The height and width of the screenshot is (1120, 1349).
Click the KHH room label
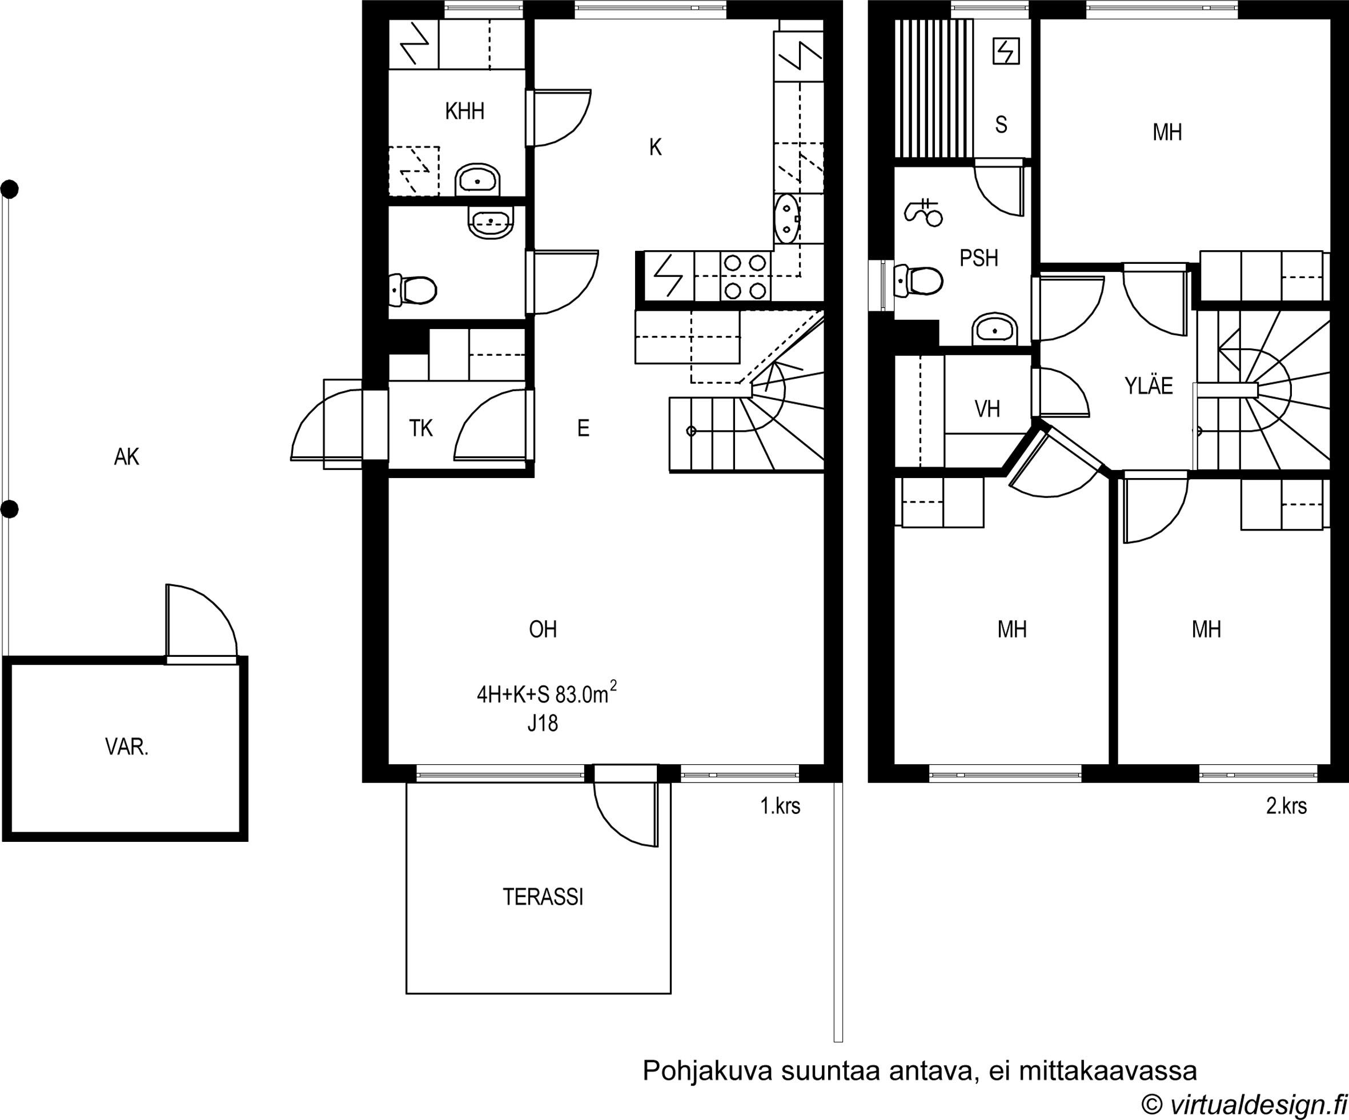pyautogui.click(x=464, y=111)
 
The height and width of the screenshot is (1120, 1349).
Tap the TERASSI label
pyautogui.click(x=543, y=897)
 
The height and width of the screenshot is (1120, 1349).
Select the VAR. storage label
pyautogui.click(x=127, y=746)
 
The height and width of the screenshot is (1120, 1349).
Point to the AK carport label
pyautogui.click(x=127, y=457)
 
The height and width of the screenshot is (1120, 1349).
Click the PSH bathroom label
pyautogui.click(x=979, y=258)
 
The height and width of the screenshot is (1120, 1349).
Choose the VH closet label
pyautogui.click(x=987, y=409)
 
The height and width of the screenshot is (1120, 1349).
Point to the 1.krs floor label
pyautogui.click(x=781, y=806)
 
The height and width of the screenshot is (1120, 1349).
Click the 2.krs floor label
pyautogui.click(x=1286, y=806)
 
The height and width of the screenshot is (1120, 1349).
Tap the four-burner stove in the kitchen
pyautogui.click(x=745, y=277)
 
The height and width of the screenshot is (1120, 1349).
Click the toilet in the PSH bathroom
pyautogui.click(x=918, y=280)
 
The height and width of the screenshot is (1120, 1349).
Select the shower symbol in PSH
pyautogui.click(x=923, y=212)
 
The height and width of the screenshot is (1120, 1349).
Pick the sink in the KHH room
pyautogui.click(x=477, y=179)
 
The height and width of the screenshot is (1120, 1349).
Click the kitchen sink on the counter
pyautogui.click(x=787, y=219)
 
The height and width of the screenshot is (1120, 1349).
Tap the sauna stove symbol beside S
pyautogui.click(x=1006, y=51)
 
